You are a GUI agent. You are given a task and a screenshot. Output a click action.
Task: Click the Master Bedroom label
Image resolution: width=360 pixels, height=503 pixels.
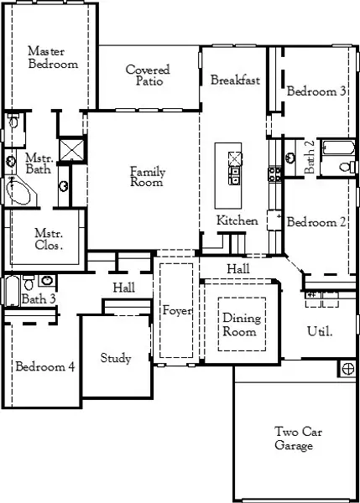tap(52, 57)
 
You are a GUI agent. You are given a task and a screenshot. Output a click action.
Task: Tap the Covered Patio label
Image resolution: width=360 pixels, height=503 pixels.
tap(148, 76)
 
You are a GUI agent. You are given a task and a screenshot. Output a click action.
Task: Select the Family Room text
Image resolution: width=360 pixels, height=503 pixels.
tap(147, 177)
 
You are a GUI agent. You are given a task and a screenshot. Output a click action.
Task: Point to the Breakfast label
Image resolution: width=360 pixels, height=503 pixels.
tap(235, 80)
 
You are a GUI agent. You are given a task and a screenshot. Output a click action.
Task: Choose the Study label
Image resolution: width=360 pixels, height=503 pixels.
tap(116, 359)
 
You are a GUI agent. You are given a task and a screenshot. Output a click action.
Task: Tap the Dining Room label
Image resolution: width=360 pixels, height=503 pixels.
tap(242, 325)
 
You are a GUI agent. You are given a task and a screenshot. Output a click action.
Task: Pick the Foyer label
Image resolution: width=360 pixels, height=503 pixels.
tap(178, 311)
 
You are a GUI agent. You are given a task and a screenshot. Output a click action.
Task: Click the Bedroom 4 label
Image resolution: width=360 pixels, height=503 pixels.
tap(44, 366)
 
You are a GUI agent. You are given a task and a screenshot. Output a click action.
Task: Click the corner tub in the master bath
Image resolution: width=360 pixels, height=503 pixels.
tap(18, 191)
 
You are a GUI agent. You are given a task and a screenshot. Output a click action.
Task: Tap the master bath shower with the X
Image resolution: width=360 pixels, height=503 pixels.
tap(73, 149)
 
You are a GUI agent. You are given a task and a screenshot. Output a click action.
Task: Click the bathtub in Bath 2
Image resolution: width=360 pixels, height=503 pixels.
tap(336, 149)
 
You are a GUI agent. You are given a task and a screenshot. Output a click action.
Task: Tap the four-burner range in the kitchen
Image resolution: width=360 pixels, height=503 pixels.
tap(274, 174)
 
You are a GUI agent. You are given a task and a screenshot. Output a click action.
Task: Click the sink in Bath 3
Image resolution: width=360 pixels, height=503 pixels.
tap(47, 281)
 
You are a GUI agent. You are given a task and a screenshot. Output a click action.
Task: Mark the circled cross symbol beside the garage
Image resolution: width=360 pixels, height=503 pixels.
tap(347, 368)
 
